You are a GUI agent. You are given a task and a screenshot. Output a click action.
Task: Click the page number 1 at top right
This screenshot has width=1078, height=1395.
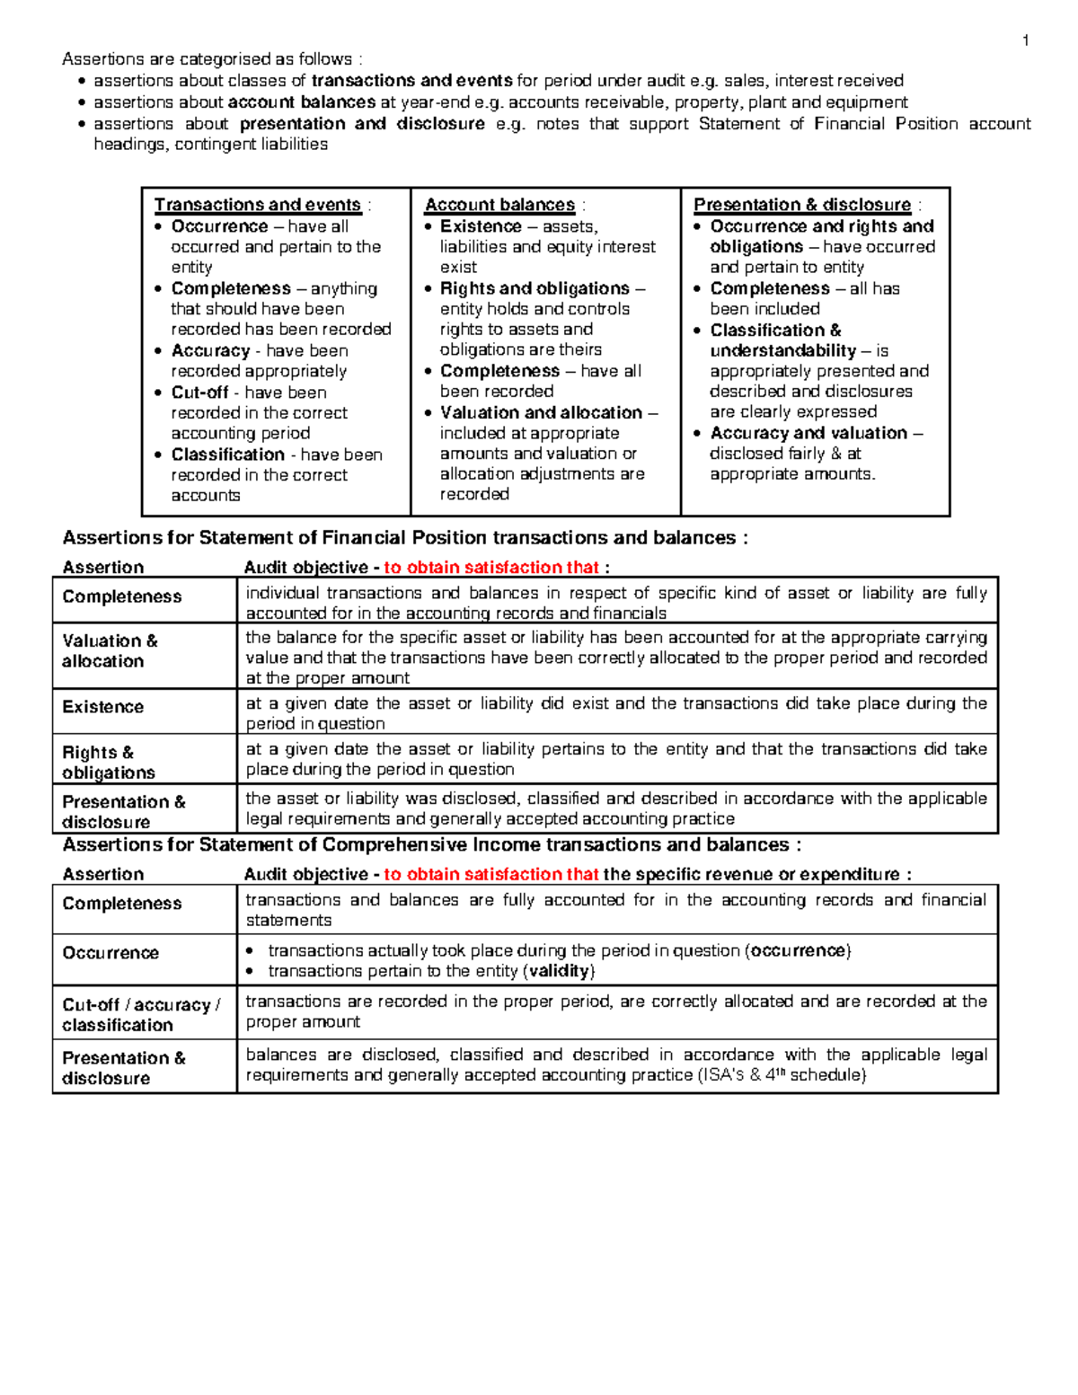pyautogui.click(x=1025, y=40)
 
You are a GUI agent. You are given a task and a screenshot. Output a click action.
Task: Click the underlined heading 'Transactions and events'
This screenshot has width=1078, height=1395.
pyautogui.click(x=257, y=205)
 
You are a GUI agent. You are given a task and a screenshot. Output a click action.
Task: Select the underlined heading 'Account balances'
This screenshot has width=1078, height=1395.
pyautogui.click(x=499, y=205)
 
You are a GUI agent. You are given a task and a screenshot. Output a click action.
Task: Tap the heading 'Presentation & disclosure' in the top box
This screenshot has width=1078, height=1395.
pyautogui.click(x=802, y=205)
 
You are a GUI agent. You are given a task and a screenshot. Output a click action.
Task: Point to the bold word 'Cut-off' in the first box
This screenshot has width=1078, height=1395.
pyautogui.click(x=199, y=393)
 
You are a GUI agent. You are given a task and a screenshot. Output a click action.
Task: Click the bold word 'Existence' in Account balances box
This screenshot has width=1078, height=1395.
pyautogui.click(x=481, y=226)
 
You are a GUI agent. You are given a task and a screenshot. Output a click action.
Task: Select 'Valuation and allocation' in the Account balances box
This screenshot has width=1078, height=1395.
pyautogui.click(x=541, y=413)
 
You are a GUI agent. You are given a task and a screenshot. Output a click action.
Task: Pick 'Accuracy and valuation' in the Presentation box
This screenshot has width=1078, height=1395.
pyautogui.click(x=808, y=433)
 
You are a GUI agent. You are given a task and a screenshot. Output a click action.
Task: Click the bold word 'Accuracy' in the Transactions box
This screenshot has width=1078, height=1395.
pyautogui.click(x=210, y=351)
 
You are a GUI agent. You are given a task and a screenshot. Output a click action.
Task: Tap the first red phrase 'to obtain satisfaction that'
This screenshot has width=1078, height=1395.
pyautogui.click(x=491, y=568)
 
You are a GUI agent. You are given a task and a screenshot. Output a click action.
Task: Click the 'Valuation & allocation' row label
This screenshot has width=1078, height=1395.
pyautogui.click(x=109, y=651)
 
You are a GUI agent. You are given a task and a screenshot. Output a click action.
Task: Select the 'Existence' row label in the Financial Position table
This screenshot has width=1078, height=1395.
pyautogui.click(x=102, y=707)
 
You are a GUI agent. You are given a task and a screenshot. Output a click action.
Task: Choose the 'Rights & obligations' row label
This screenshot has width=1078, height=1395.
pyautogui.click(x=107, y=763)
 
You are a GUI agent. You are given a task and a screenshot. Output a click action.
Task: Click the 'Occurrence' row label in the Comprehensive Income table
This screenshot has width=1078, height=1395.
pyautogui.click(x=110, y=953)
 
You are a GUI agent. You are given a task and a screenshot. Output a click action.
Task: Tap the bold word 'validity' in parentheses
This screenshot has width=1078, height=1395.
pyautogui.click(x=559, y=971)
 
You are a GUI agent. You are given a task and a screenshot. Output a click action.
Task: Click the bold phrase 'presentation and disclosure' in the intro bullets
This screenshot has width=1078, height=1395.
pyautogui.click(x=361, y=124)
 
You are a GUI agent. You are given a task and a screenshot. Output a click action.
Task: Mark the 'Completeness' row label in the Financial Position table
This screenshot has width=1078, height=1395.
pyautogui.click(x=121, y=597)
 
